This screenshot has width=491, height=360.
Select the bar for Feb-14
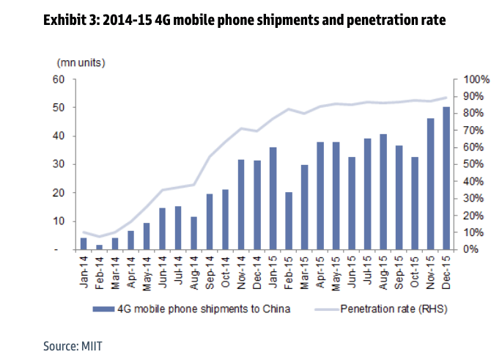point(99,247)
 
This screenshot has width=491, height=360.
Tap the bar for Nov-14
point(241,205)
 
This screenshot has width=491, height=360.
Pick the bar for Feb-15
point(289,221)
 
